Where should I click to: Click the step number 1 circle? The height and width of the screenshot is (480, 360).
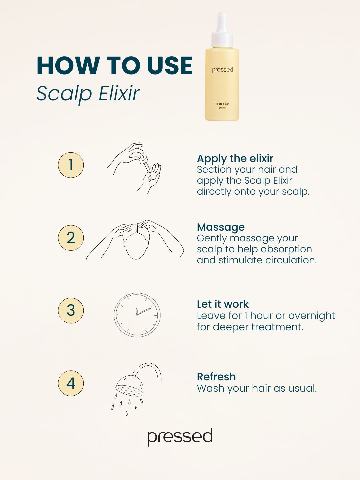tap(71, 165)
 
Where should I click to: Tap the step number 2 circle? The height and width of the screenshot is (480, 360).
tap(71, 238)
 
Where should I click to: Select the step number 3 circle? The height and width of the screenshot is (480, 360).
tap(71, 310)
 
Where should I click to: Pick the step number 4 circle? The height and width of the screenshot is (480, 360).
tap(71, 383)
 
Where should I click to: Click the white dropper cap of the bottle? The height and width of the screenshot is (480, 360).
tap(222, 30)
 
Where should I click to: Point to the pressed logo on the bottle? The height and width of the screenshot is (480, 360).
tap(222, 70)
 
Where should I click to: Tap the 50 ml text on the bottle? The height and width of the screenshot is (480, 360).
tap(222, 108)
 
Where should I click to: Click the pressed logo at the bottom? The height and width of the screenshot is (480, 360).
tap(180, 437)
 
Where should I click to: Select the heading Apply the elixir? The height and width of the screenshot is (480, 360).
tap(235, 159)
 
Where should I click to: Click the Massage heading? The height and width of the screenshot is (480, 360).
tap(221, 227)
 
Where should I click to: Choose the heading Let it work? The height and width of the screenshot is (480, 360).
tap(223, 304)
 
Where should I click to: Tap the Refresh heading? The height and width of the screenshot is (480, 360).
tap(216, 377)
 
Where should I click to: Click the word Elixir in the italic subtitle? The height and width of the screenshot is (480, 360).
tap(119, 94)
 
